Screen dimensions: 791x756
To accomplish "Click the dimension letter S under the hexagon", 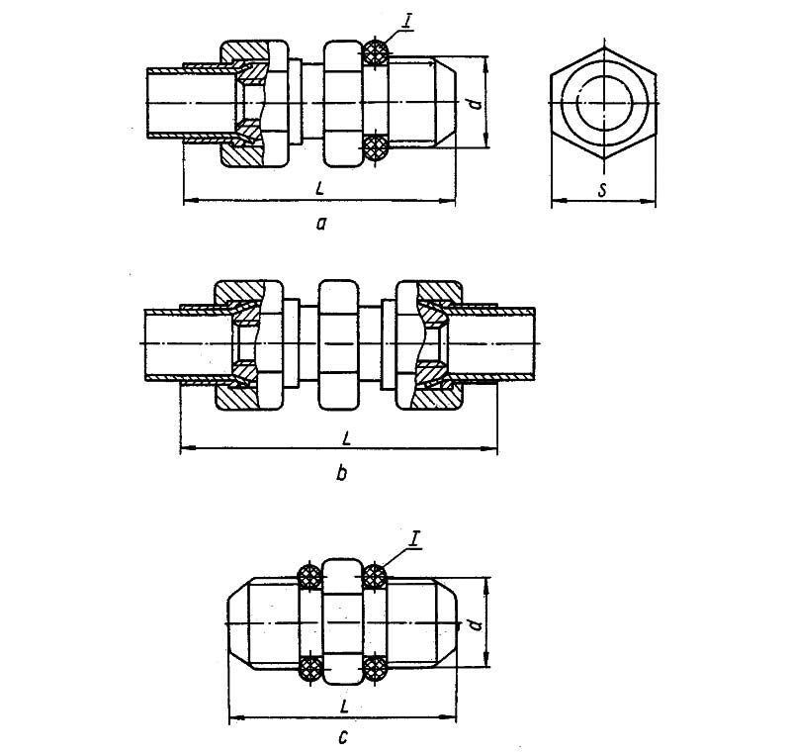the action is click(x=602, y=190).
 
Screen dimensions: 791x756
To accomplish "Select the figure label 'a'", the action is click(x=321, y=223).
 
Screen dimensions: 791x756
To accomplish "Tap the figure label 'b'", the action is click(x=341, y=473).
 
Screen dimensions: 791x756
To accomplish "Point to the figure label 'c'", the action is click(x=343, y=738).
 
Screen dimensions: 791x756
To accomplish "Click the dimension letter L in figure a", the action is click(x=319, y=188).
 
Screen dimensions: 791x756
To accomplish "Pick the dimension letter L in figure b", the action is click(x=346, y=437).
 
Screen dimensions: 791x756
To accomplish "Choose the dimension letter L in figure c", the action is click(x=344, y=707).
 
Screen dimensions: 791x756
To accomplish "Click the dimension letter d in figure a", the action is click(x=475, y=104).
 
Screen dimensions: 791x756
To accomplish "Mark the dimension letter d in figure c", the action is click(x=475, y=624).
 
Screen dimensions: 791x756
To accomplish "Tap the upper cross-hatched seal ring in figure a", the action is click(x=376, y=51).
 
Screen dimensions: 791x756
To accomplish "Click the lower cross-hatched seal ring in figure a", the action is click(x=376, y=148).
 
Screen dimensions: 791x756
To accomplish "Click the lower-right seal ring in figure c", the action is click(x=375, y=669).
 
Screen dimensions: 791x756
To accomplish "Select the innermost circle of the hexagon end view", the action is click(x=603, y=103).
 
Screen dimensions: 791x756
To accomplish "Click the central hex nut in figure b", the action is click(x=339, y=345).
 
